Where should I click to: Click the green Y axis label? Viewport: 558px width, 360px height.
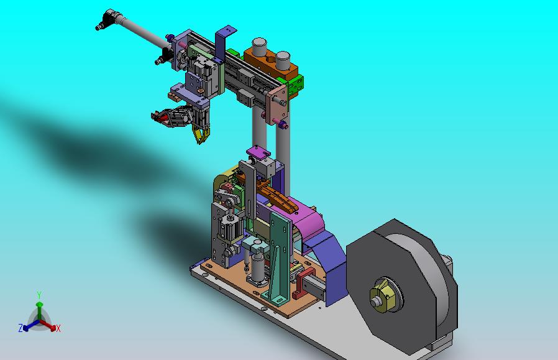[39, 295]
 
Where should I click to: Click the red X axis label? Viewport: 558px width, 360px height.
[58, 328]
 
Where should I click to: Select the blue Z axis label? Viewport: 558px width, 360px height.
[21, 328]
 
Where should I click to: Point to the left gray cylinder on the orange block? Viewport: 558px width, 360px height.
[259, 46]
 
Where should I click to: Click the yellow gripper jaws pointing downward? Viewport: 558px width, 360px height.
[201, 134]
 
